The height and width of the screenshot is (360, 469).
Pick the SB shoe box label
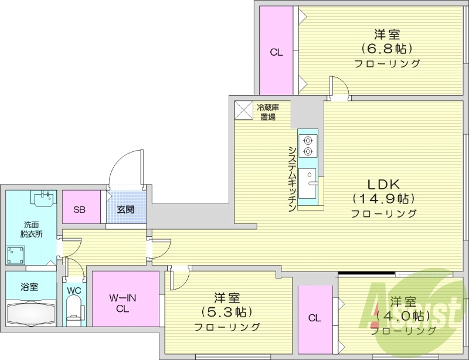[x=81, y=209]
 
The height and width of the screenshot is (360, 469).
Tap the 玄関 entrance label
[x=124, y=209]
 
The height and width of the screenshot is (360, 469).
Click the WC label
[x=74, y=290]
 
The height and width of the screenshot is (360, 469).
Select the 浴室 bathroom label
[x=29, y=287]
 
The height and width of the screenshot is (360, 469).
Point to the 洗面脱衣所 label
[x=32, y=229]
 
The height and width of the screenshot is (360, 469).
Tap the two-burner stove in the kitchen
[x=307, y=145]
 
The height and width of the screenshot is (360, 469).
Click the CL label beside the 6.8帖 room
[x=276, y=52]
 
